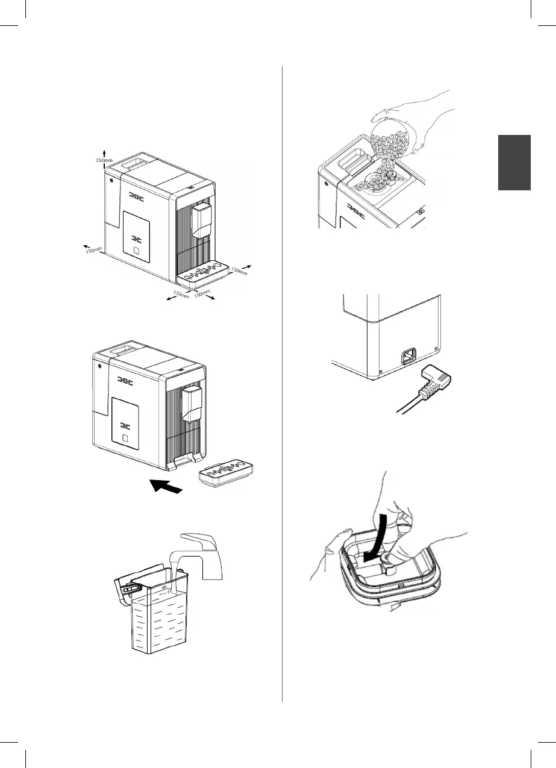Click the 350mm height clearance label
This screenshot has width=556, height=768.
[104, 161]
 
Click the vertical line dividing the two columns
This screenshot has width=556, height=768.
[282, 386]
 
